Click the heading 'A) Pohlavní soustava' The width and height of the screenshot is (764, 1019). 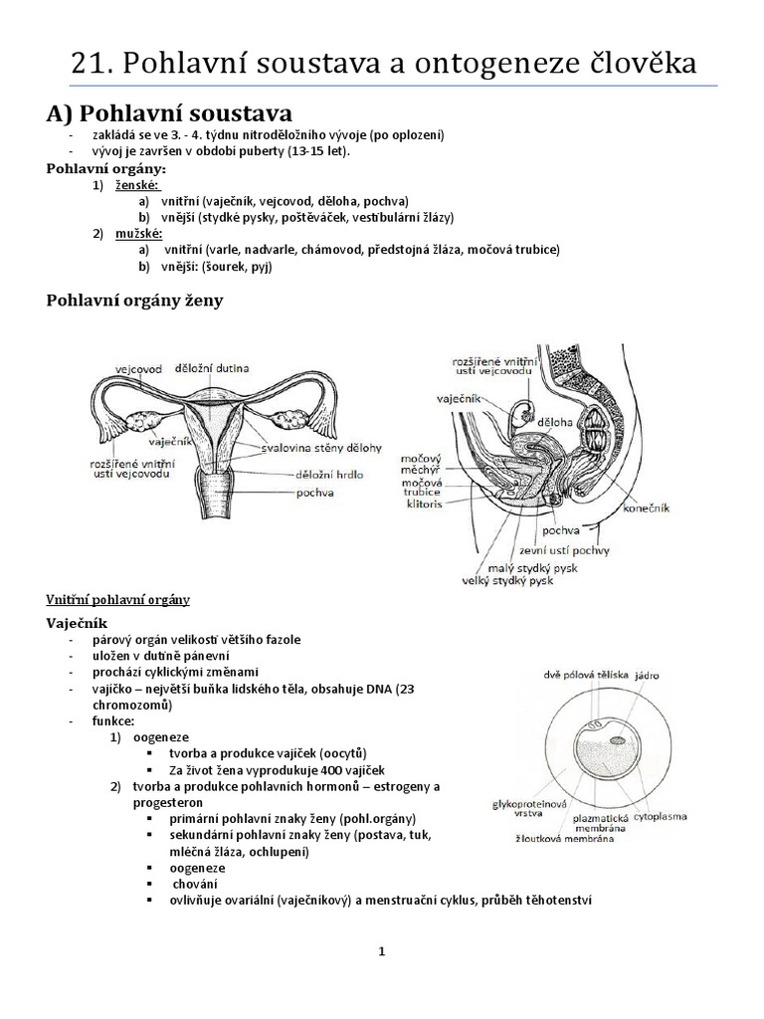170,113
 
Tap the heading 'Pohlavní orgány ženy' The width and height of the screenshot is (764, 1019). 135,301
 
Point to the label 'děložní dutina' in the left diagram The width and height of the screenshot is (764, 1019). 211,366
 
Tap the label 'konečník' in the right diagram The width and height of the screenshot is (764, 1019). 645,507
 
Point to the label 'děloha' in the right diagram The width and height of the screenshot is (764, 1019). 555,422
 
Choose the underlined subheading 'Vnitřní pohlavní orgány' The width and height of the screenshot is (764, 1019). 118,600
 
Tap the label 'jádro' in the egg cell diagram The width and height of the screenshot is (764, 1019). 649,675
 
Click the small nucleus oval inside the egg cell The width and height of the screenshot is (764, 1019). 618,740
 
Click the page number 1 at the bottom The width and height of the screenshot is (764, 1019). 381,951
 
